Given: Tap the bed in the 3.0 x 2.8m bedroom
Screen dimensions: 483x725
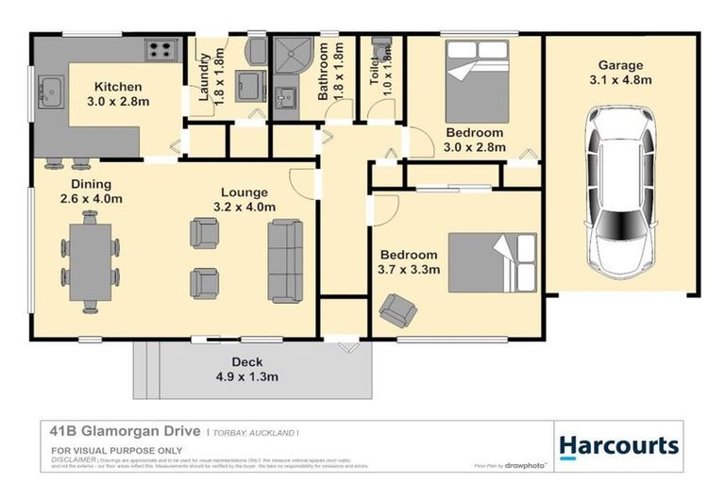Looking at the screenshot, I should pos(477,85).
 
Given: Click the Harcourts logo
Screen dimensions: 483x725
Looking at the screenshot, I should pos(618,445).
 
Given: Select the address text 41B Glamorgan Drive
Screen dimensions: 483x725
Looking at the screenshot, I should pos(125,431).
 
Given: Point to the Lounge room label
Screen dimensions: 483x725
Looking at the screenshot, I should pos(244,192).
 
